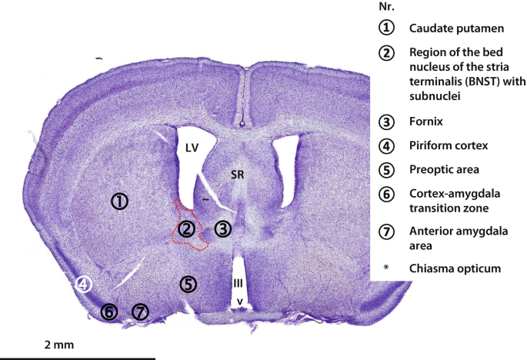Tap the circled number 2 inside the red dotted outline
[x=185, y=228]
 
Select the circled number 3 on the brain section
[x=222, y=228]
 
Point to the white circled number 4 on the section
[x=84, y=285]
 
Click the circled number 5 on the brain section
[x=188, y=284]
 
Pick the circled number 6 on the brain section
[x=109, y=312]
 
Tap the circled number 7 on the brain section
[x=139, y=312]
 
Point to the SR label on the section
[x=238, y=175]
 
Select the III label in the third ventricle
[x=238, y=283]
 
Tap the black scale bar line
[x=77, y=358]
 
